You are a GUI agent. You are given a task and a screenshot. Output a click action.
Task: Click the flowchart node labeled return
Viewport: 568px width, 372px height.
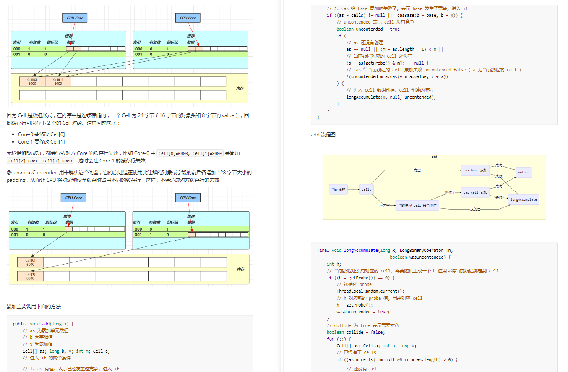pyautogui.click(x=524, y=172)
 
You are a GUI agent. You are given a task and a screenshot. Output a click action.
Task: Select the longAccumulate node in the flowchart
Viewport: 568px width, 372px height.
pyautogui.click(x=524, y=199)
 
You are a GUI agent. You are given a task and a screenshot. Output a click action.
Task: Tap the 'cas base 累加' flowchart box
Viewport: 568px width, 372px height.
pyautogui.click(x=475, y=170)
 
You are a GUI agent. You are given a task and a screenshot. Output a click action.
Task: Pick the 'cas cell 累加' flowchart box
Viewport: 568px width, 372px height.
pyautogui.click(x=475, y=192)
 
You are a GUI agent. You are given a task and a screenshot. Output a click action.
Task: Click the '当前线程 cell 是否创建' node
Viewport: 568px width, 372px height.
pyautogui.click(x=417, y=205)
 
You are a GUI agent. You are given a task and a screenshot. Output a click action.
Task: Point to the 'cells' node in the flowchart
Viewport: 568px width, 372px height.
pyautogui.click(x=366, y=189)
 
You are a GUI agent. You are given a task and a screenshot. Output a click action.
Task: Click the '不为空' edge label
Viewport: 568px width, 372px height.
pyautogui.click(x=384, y=205)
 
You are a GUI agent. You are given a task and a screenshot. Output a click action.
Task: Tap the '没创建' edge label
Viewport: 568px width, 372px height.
pyautogui.click(x=475, y=209)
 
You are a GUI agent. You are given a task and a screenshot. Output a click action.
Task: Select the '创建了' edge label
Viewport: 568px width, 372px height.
pyautogui.click(x=450, y=192)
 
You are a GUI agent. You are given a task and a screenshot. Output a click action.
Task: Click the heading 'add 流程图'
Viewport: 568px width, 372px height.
pyautogui.click(x=323, y=135)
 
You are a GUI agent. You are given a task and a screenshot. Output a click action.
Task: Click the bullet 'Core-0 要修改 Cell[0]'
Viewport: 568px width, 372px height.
pyautogui.click(x=42, y=134)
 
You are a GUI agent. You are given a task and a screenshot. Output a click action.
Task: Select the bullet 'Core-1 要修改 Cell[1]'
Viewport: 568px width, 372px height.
pyautogui.click(x=42, y=141)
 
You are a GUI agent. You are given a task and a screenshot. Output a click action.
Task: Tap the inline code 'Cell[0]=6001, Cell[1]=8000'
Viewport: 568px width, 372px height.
pyautogui.click(x=40, y=161)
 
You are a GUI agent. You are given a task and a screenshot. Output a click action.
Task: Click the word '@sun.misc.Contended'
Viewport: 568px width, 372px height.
pyautogui.click(x=32, y=173)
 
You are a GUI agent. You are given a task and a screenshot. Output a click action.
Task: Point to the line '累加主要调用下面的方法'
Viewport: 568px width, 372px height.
pyautogui.click(x=34, y=306)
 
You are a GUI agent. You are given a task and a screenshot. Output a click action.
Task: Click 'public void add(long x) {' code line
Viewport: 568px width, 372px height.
pyautogui.click(x=43, y=324)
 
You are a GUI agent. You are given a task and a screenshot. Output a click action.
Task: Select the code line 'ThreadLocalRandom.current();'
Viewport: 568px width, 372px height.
pyautogui.click(x=370, y=291)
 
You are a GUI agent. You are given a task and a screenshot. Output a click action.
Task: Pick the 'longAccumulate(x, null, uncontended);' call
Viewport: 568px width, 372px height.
pyautogui.click(x=391, y=97)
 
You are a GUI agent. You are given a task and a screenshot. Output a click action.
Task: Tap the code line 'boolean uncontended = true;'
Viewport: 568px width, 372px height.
pyautogui.click(x=369, y=29)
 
